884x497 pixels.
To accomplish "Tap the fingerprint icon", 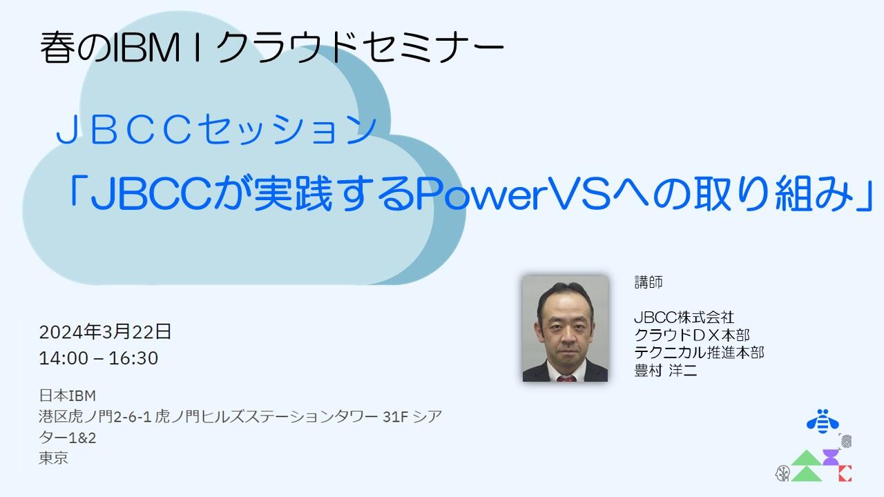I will coord(846,441).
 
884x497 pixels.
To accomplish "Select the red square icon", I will coord(845,474).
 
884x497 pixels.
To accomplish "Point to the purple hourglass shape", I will coord(829,458).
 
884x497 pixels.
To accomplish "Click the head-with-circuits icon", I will coord(782,474).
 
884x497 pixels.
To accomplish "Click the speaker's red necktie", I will coord(565,377).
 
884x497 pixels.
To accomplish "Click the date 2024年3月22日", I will coord(105,332).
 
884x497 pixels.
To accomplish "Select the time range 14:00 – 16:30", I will coord(99,358).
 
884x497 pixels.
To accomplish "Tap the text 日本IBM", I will coord(67,396).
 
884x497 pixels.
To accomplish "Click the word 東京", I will coord(54,458).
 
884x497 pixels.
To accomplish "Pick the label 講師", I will coord(648,282).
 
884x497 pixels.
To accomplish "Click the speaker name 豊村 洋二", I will coord(666,371).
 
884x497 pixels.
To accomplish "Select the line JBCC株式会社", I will coord(684,318).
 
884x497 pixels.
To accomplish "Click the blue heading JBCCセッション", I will coord(216,130).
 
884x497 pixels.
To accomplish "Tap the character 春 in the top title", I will coord(57,48).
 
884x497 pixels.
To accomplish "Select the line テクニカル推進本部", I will coord(699,353).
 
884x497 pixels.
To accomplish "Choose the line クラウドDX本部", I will coord(692,335).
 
